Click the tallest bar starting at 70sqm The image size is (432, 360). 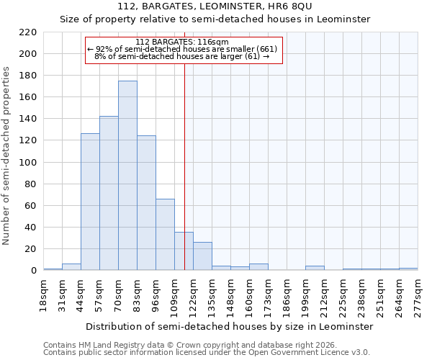point(127,176)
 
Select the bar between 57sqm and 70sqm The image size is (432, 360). point(109,193)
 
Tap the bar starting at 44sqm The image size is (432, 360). point(90,202)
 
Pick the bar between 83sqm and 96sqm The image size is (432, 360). point(146,202)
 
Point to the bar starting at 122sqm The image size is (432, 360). point(202,256)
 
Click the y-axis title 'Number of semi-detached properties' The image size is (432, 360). point(6,156)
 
